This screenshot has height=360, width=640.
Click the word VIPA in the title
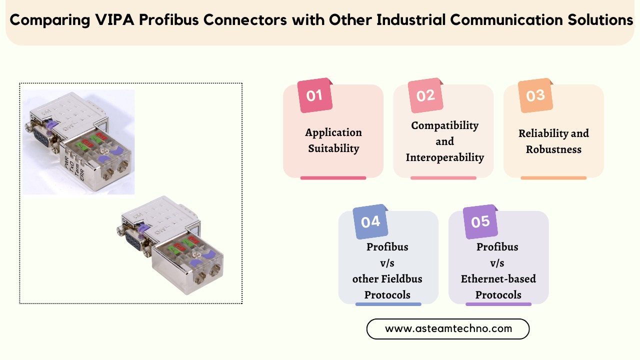114,19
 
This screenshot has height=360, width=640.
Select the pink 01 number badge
315,95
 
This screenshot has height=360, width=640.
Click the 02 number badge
425,95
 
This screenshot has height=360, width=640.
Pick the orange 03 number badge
535,95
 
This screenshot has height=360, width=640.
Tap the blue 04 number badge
370,221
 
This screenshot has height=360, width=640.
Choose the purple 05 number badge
480,221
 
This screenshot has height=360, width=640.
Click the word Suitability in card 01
333,148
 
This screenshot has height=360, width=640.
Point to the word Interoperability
445,157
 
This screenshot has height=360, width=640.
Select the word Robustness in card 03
553,149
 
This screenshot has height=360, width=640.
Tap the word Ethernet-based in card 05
498,279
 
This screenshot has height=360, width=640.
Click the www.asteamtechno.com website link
448,329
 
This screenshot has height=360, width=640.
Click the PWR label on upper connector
66,162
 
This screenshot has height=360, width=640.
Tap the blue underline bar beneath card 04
388,304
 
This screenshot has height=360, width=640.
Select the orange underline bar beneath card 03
553,178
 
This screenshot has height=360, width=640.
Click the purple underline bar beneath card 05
498,304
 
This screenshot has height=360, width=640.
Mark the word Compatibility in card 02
445,125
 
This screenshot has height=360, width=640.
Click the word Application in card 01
333,133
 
